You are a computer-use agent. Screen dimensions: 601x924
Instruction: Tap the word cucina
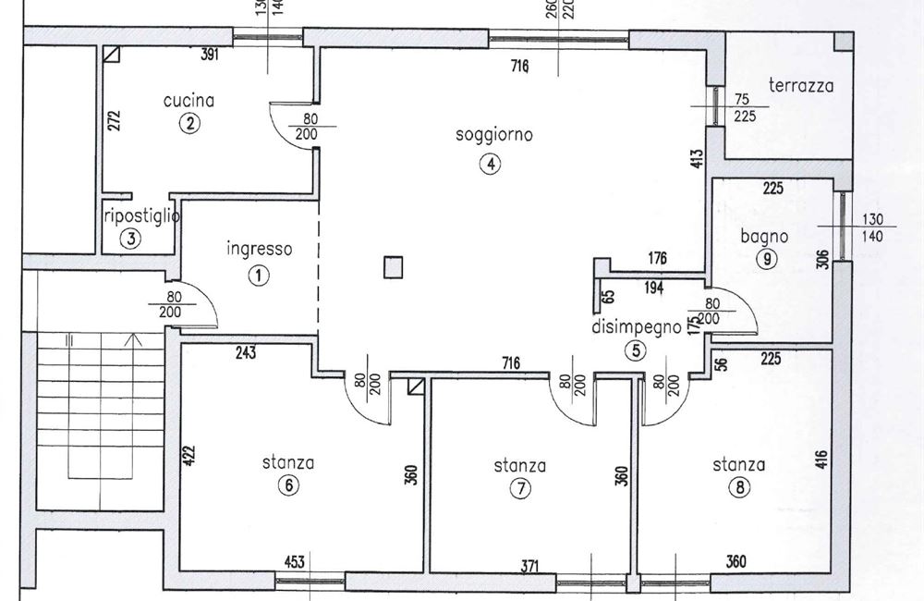point(188,100)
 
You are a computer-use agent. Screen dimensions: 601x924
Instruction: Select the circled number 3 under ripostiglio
point(131,239)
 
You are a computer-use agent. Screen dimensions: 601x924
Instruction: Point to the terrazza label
point(801,86)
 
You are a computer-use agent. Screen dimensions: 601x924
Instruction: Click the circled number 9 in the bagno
point(766,260)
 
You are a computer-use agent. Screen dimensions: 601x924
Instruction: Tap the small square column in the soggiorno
point(393,268)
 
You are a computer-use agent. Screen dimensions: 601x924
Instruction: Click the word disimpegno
point(637,326)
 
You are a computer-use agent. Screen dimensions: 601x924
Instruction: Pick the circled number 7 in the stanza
point(521,490)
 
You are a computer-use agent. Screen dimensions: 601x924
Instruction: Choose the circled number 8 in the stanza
point(738,489)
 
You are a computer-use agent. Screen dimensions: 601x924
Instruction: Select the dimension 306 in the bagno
point(822,260)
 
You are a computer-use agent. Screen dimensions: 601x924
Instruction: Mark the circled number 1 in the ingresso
point(260,275)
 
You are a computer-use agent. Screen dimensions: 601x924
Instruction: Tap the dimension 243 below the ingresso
point(245,352)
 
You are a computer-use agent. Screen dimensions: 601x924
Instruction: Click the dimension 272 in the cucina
point(114,121)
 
